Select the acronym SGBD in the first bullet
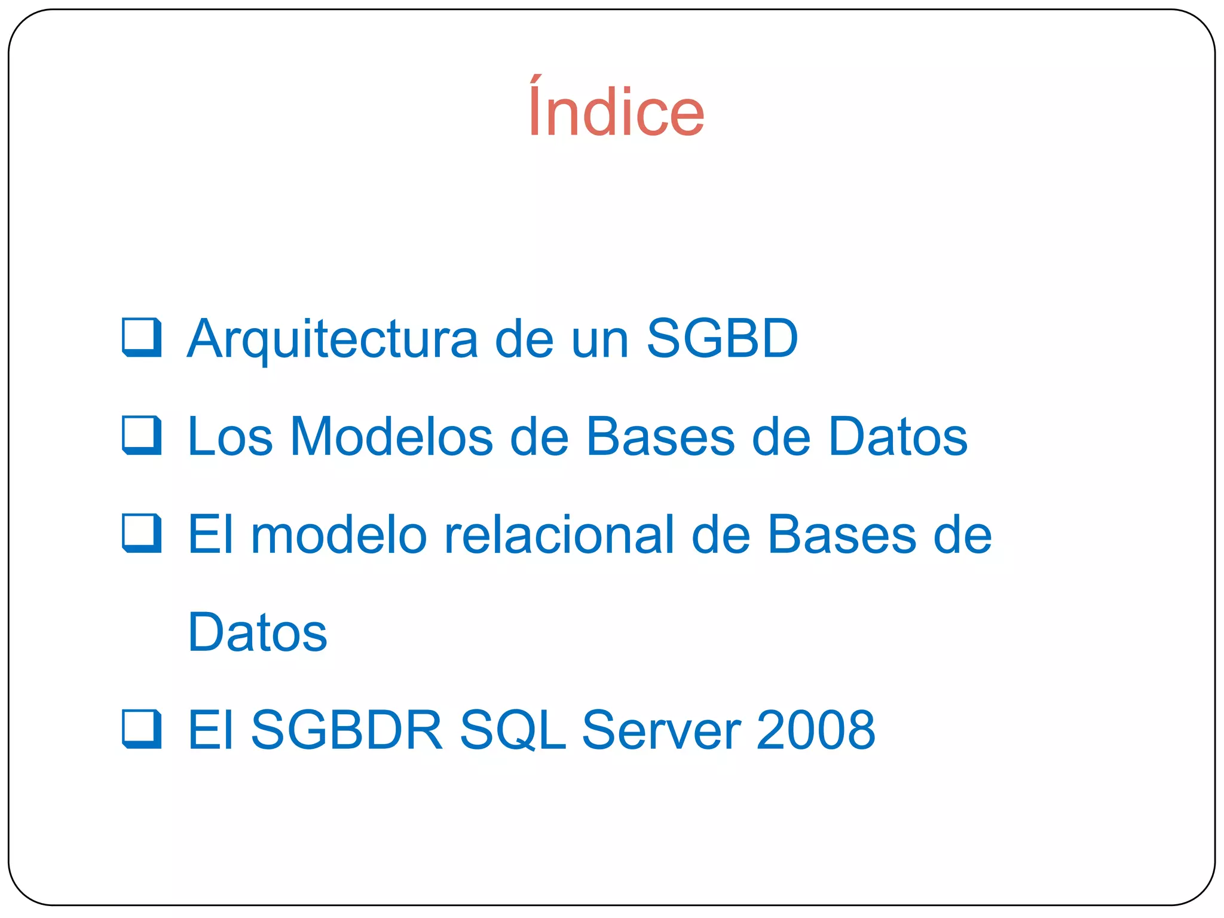point(722,338)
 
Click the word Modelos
point(391,436)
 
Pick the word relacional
point(559,534)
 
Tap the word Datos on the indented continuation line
point(257,632)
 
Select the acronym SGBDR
point(347,730)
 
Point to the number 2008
point(815,730)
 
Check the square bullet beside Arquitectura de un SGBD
point(142,338)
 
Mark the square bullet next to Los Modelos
point(142,435)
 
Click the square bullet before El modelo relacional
point(142,533)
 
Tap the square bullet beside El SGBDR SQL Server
point(142,729)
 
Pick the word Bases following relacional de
point(841,534)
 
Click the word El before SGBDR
point(210,730)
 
